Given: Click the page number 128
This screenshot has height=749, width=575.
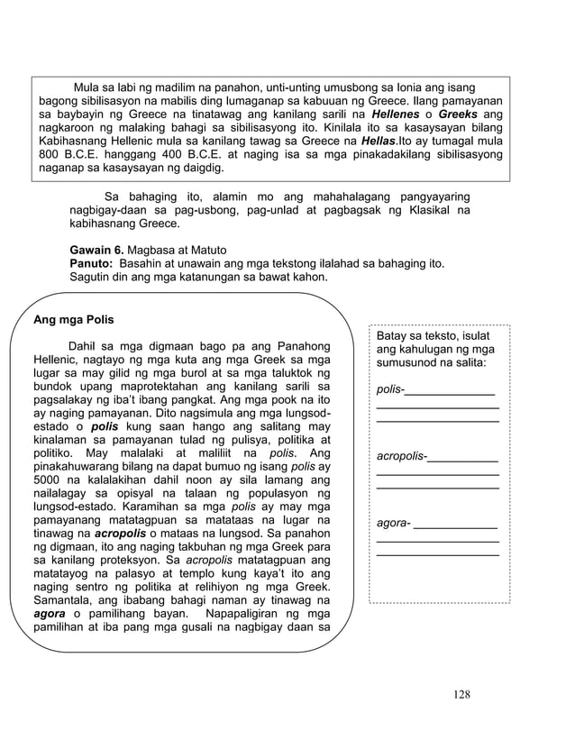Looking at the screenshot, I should tap(461, 694).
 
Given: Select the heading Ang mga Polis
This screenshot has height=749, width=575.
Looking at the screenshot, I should tap(73, 319).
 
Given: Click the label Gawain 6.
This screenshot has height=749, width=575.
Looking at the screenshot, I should tap(97, 250).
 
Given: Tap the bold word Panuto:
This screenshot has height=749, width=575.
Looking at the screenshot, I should tap(91, 263).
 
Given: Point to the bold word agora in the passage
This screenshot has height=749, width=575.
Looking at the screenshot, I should tap(49, 615).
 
